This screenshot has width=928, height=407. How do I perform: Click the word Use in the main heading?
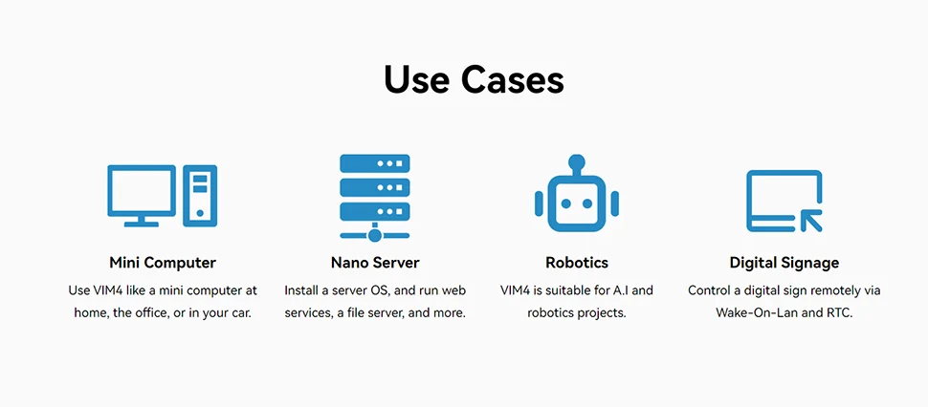418,79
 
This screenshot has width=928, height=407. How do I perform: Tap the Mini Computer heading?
163,263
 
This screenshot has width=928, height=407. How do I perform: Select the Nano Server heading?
375,263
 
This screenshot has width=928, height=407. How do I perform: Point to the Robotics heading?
577,263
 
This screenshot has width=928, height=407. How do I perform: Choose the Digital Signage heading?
784,263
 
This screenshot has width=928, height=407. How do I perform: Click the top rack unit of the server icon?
375,163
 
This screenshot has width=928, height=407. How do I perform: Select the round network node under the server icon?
375,234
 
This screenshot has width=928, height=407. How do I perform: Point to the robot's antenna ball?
577,161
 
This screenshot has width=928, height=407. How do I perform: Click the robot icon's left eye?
565,203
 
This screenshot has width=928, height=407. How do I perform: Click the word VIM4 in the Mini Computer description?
110,290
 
